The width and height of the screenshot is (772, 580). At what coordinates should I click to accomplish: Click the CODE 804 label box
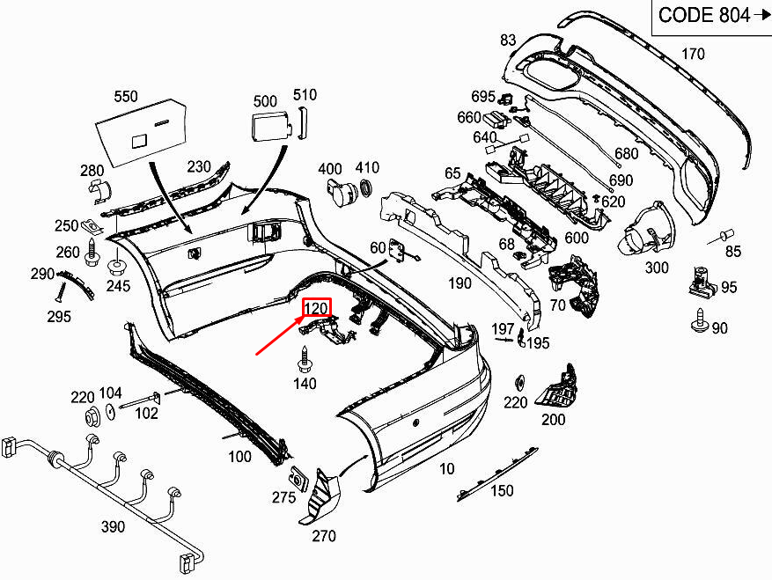tap(711, 16)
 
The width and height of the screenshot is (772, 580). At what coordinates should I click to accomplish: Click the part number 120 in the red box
tap(316, 308)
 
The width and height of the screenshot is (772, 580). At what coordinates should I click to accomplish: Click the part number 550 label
tap(126, 97)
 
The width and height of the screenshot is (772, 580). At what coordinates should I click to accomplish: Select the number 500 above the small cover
tap(265, 102)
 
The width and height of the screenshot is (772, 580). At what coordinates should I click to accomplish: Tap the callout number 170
tap(693, 55)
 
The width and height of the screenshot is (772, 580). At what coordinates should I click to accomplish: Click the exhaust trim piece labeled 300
tap(644, 231)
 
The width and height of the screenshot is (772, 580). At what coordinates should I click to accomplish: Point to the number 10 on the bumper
tap(447, 469)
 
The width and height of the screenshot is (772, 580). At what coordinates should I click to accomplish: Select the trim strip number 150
tap(502, 490)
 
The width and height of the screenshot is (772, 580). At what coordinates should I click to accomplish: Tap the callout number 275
tap(283, 497)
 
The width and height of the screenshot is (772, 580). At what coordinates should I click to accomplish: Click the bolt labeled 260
tap(92, 253)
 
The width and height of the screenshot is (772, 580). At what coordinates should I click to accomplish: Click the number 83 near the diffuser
tap(508, 40)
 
